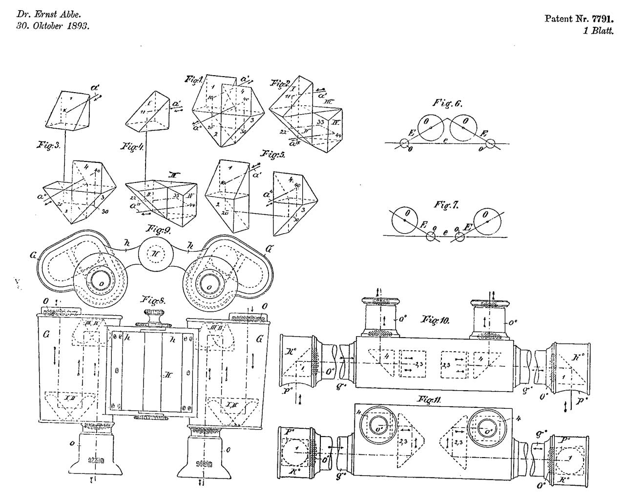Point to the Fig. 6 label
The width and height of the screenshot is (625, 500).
pos(447,103)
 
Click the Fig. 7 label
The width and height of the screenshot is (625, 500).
pos(446,205)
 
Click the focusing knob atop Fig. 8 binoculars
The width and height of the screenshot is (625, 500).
pos(154,318)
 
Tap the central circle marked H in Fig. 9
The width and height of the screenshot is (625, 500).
pos(152,255)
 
